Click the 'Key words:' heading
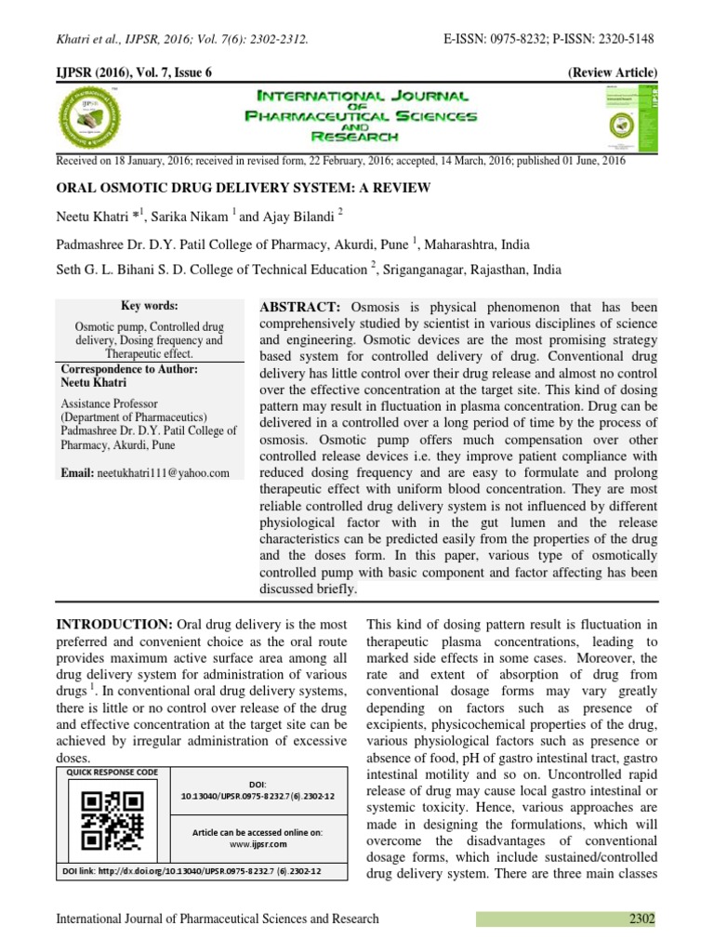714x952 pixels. (x=150, y=306)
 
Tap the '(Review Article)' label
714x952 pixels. (x=611, y=73)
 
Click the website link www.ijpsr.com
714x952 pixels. (x=258, y=844)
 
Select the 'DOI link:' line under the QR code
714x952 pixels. (x=192, y=871)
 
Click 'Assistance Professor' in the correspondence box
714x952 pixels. (x=110, y=404)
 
